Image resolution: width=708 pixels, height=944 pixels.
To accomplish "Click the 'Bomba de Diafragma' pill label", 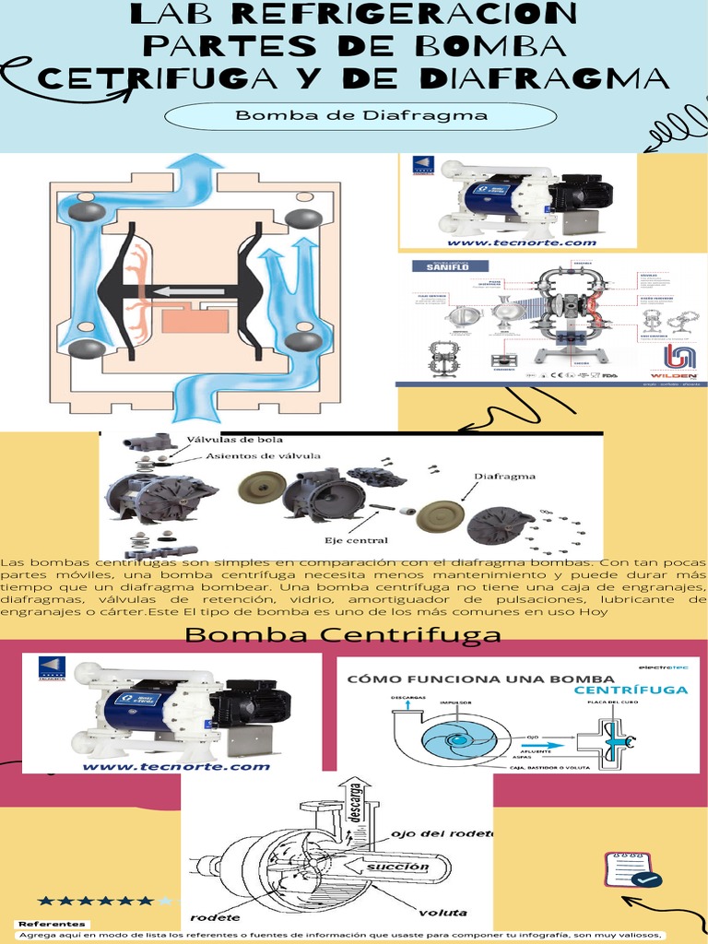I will coord(360,116).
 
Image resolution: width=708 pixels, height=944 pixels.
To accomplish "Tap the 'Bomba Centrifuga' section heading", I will coord(343,634).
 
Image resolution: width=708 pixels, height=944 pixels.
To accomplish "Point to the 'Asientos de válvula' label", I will coord(263,455).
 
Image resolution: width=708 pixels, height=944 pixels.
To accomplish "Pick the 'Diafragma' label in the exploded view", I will coord(504,477).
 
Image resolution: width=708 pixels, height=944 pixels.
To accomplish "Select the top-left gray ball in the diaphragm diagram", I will coord(87,211).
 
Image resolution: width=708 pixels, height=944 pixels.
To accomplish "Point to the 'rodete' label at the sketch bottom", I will coord(216,917).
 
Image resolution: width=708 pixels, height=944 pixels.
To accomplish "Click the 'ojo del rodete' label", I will coord(442,833).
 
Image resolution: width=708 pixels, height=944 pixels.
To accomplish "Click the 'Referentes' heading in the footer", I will coord(53,923).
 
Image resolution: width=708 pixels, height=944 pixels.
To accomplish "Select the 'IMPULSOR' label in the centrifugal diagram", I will coord(456,702).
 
